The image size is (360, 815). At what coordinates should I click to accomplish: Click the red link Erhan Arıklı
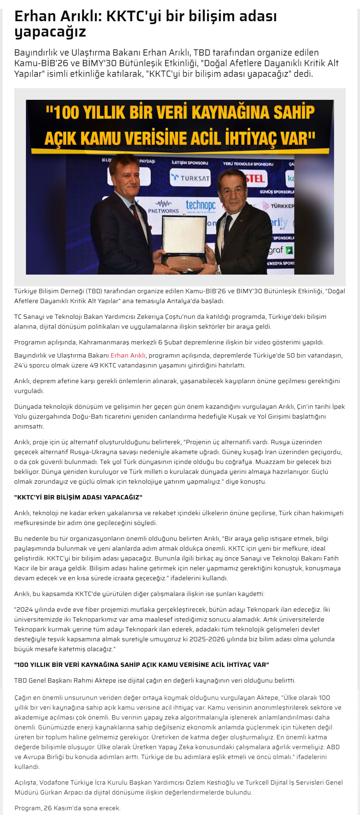(128, 355)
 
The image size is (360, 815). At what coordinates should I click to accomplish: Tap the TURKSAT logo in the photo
(190, 178)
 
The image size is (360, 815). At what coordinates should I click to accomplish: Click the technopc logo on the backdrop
(201, 205)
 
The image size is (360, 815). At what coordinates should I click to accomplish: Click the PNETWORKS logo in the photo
(163, 207)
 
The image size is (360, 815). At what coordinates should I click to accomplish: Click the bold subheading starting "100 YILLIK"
(141, 664)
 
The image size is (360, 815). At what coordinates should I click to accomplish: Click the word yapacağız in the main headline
(50, 32)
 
